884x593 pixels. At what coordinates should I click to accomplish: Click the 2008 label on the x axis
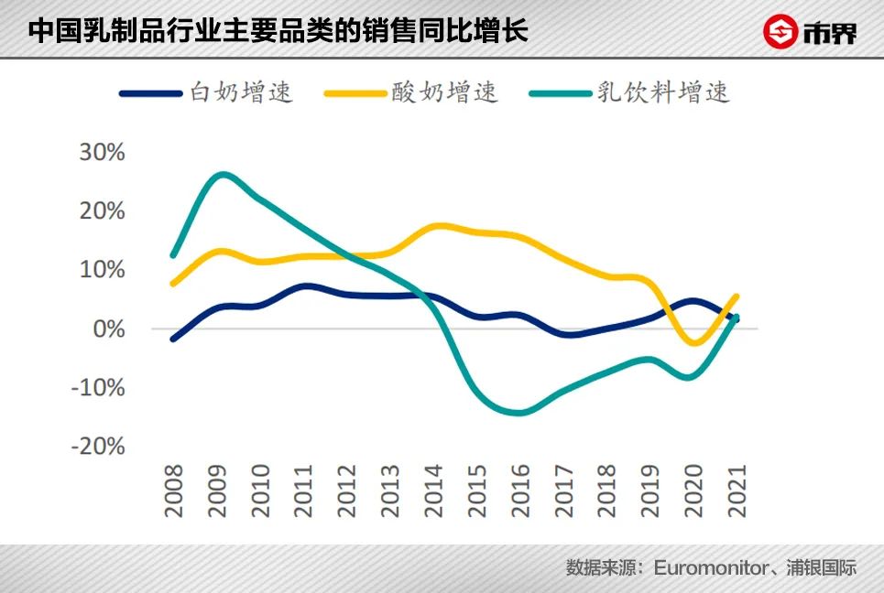pos(174,491)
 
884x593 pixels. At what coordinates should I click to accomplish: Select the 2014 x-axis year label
pos(433,491)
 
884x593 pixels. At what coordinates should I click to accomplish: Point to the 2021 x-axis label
pos(737,491)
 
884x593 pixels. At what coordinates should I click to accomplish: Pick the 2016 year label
pos(520,491)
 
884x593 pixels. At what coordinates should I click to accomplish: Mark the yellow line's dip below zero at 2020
pos(694,343)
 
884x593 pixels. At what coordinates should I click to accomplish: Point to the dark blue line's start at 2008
pos(174,339)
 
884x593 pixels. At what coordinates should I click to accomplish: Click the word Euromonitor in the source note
pos(711,567)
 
